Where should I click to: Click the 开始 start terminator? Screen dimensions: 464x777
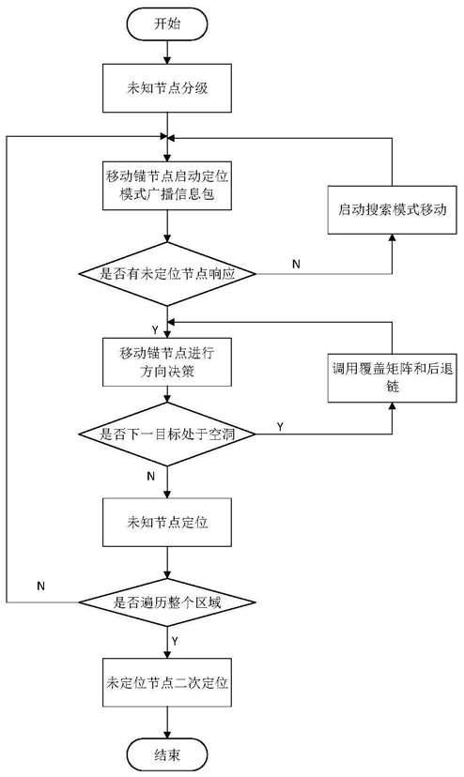click(167, 23)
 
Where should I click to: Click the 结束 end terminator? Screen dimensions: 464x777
click(167, 754)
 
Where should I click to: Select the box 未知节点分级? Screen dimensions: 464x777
click(167, 88)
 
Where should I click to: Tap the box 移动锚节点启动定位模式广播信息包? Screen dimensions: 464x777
click(167, 186)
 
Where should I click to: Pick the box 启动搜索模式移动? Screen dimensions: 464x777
click(392, 209)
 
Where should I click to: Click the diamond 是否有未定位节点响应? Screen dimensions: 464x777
click(167, 273)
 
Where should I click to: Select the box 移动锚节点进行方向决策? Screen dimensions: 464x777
click(167, 361)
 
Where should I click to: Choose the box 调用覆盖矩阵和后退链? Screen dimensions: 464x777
click(392, 377)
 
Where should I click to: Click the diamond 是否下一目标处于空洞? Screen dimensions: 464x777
click(167, 434)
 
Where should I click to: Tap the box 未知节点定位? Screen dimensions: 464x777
click(167, 523)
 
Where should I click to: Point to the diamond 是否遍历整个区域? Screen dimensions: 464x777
click(167, 602)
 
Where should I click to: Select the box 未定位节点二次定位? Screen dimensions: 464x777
click(167, 682)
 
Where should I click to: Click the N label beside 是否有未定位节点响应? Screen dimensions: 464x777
click(296, 264)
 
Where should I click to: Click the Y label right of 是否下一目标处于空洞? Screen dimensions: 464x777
click(281, 427)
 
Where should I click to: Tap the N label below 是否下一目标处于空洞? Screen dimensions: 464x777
click(151, 477)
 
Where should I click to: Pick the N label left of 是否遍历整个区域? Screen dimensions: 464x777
click(41, 587)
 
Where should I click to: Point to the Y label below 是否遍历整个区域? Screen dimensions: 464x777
click(176, 641)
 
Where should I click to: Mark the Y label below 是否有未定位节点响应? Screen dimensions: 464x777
click(155, 329)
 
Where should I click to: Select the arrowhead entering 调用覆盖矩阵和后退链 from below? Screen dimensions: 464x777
click(392, 406)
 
